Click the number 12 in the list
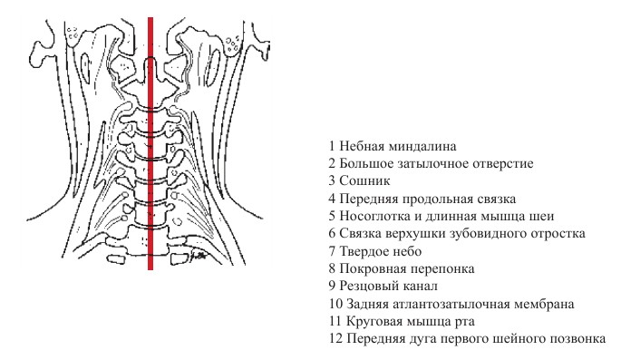point(335,339)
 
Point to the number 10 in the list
point(335,304)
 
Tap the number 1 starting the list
point(332,146)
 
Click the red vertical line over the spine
point(150,181)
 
